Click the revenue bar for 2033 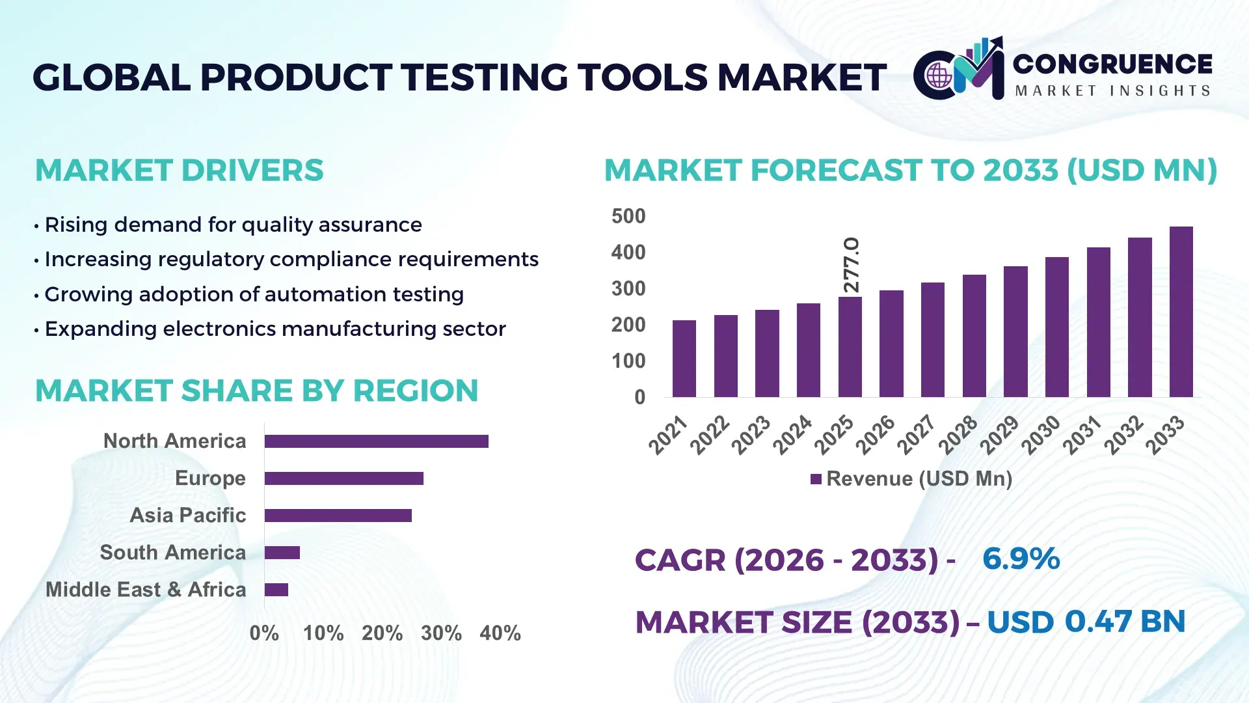coord(1181,312)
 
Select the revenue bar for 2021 coord(684,359)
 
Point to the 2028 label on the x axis coord(958,434)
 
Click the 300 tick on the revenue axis coord(628,288)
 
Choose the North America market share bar coord(376,441)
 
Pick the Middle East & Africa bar coord(276,590)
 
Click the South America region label coord(172,553)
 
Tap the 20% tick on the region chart coord(382,633)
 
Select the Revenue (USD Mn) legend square coord(816,479)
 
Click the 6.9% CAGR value coord(1021,558)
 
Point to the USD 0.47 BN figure coord(1086,622)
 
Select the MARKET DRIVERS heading coord(179,171)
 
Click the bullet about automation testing coord(254,294)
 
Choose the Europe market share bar coord(343,478)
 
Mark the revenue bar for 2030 coord(1056,327)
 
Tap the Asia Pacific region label coord(187,516)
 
